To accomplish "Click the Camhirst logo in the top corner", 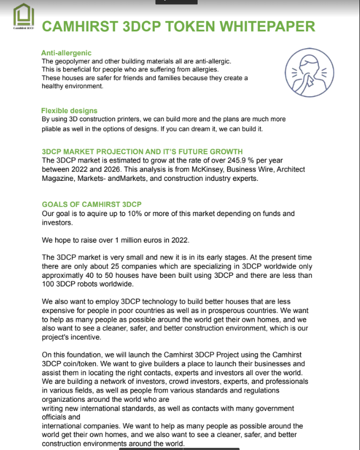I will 23,16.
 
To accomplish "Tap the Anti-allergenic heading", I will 66,53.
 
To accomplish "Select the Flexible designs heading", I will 69,111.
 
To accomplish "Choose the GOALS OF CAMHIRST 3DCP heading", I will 91,204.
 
